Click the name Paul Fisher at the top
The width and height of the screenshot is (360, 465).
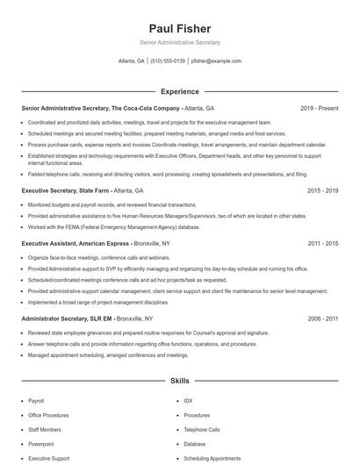click(180, 29)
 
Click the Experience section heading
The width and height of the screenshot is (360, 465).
click(180, 91)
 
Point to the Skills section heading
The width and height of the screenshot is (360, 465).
click(180, 383)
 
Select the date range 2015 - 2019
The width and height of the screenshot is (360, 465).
click(321, 189)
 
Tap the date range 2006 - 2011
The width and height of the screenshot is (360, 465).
click(321, 318)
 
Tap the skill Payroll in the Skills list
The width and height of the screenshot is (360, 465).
click(36, 400)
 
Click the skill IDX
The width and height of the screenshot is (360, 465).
click(188, 400)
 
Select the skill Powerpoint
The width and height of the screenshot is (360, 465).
click(41, 444)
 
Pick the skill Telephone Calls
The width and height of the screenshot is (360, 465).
click(202, 430)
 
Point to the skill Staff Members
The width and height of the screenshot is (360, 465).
click(45, 430)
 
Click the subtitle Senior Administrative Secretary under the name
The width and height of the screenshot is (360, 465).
click(180, 42)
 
